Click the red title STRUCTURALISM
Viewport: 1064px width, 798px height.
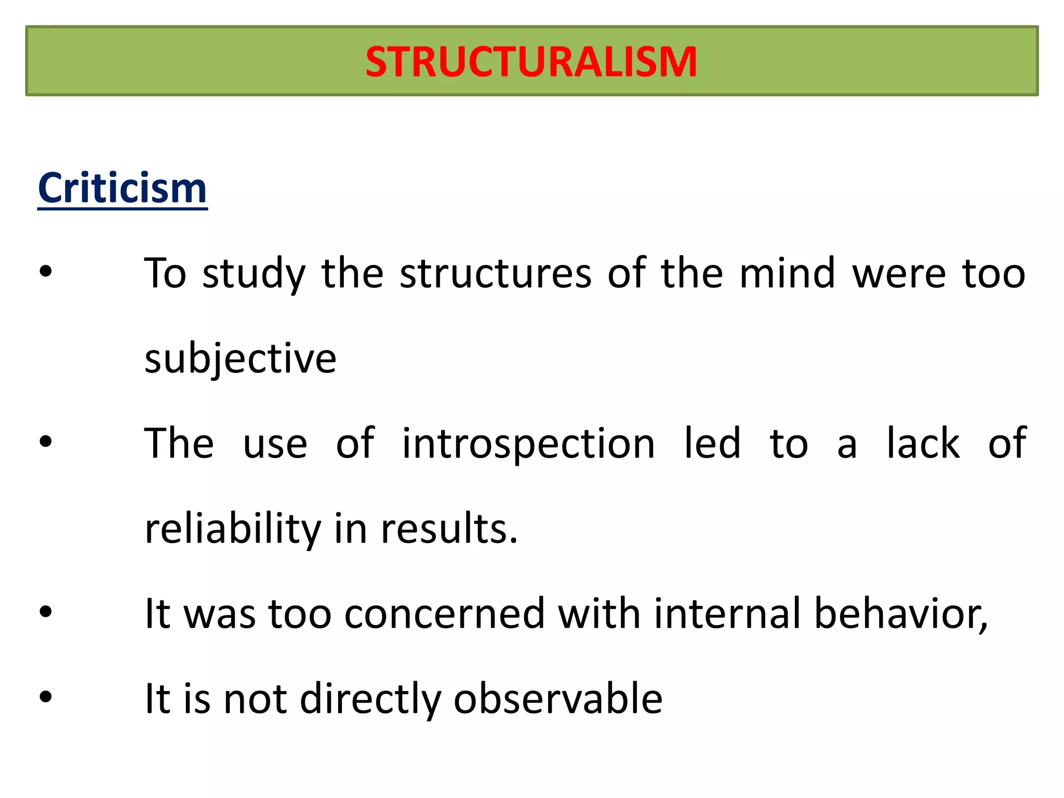pyautogui.click(x=531, y=62)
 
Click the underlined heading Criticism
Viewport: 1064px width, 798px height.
pyautogui.click(x=123, y=188)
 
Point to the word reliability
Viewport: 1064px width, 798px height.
pyautogui.click(x=233, y=528)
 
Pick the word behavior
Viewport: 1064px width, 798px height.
pyautogui.click(x=900, y=614)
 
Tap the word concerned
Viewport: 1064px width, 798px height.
pyautogui.click(x=444, y=614)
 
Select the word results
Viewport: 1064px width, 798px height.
pyautogui.click(x=449, y=528)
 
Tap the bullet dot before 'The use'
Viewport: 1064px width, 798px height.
pyautogui.click(x=46, y=442)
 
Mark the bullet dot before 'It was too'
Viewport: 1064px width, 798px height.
pyautogui.click(x=46, y=611)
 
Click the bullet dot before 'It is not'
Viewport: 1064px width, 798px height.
pyautogui.click(x=46, y=697)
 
